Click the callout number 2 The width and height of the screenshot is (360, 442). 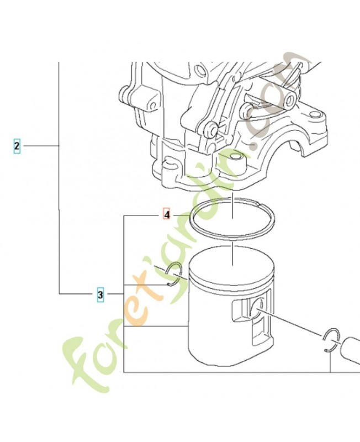(17, 146)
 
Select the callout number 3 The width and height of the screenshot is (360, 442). (100, 294)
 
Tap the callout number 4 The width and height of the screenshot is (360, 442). (166, 213)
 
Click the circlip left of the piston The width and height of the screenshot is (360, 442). (174, 275)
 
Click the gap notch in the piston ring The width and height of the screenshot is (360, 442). (260, 206)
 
